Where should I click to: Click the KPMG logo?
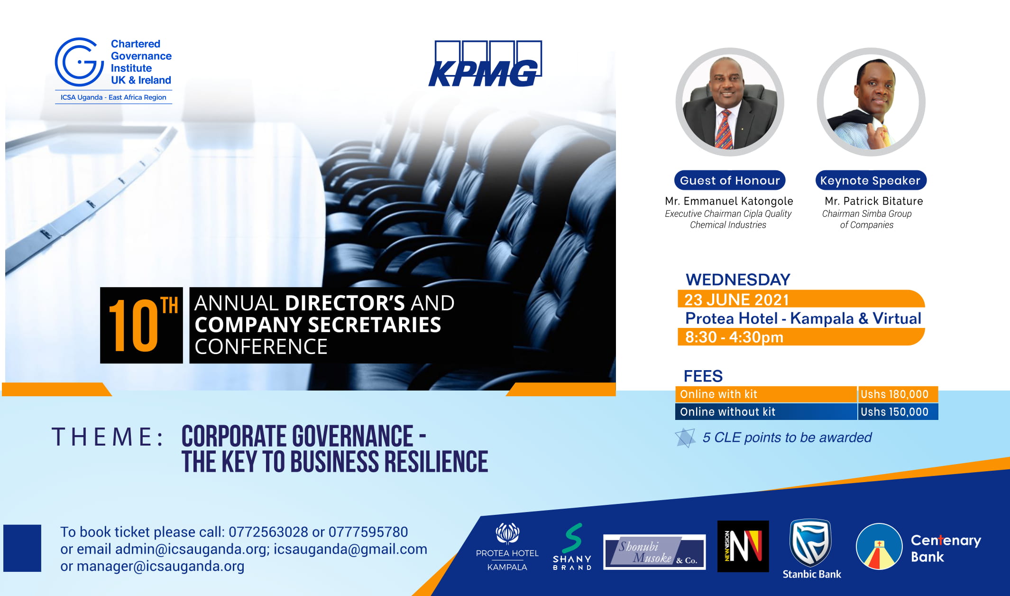click(485, 64)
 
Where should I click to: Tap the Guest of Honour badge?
click(730, 180)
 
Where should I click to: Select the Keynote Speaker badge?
click(871, 180)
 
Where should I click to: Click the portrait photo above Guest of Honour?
click(730, 102)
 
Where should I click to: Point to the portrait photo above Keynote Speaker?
click(871, 102)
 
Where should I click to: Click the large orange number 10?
click(133, 326)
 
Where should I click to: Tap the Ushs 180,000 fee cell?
click(898, 394)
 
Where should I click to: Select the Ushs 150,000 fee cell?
click(898, 412)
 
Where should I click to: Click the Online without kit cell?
click(766, 412)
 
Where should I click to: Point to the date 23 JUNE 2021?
click(736, 300)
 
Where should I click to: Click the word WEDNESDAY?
click(738, 279)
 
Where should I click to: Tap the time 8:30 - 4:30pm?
click(734, 337)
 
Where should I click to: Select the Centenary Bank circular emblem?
click(879, 546)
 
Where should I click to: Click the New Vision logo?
click(743, 546)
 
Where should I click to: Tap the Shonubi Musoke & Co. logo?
click(654, 552)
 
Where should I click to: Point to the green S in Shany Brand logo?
click(573, 538)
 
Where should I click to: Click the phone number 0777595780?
click(368, 532)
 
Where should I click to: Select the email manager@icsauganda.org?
click(160, 566)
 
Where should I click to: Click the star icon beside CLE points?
click(685, 438)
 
